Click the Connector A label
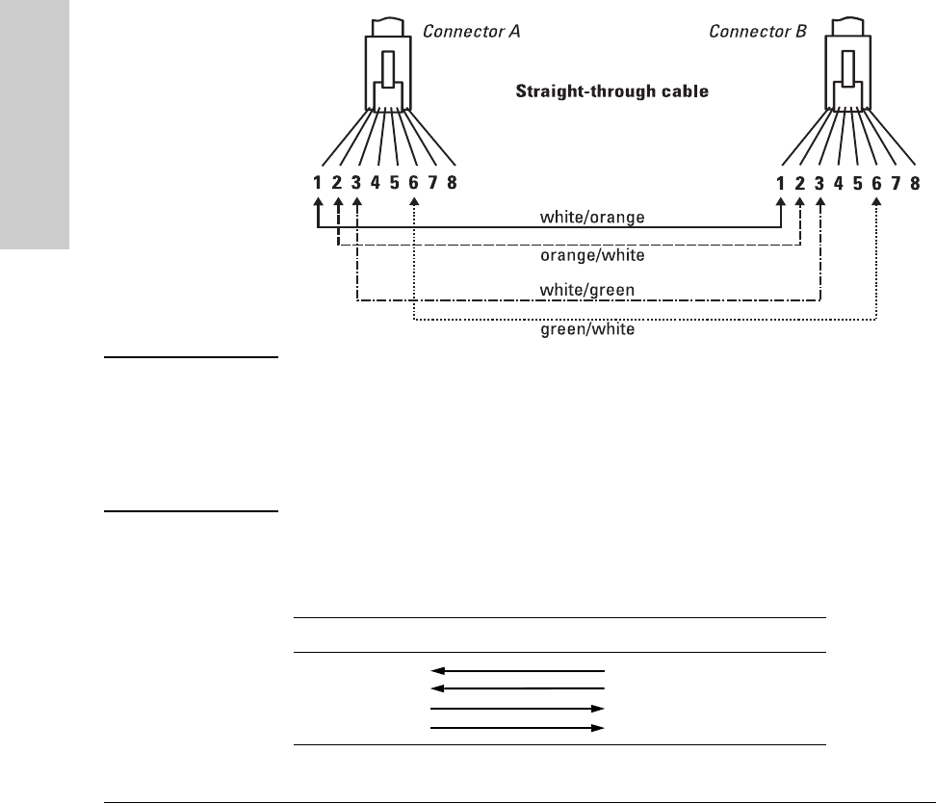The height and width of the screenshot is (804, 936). pos(472,31)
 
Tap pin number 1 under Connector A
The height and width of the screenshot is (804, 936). pos(319,182)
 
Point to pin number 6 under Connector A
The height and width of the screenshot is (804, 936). pos(414,182)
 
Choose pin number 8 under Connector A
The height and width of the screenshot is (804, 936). pos(453,182)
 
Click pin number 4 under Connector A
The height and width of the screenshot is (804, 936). pos(377,182)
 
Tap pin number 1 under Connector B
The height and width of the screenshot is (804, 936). pos(781,182)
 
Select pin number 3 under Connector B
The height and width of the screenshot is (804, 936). pos(819,182)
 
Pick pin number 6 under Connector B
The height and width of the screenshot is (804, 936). pos(876,182)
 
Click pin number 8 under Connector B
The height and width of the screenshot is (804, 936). pos(915,182)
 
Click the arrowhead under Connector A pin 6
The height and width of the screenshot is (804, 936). pos(414,204)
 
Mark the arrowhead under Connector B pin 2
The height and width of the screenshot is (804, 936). pos(800,204)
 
